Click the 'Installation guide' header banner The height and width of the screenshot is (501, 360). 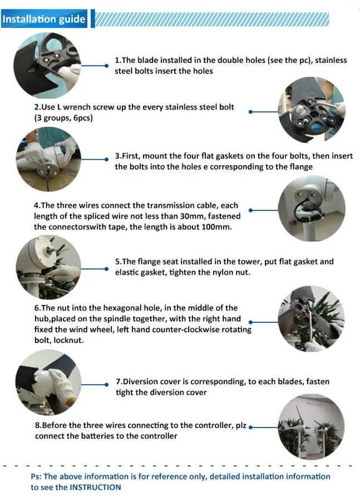[x=44, y=19]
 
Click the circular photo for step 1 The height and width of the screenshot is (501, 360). [x=47, y=65]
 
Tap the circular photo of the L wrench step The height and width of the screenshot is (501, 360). [x=312, y=110]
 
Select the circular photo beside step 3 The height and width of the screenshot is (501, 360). [x=48, y=159]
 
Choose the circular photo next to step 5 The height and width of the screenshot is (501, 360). [x=48, y=267]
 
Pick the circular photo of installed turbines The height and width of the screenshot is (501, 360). [x=312, y=426]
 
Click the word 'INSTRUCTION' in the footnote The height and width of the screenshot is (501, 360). [x=95, y=487]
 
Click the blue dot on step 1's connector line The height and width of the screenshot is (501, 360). [x=106, y=66]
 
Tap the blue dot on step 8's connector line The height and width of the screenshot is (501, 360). [x=250, y=428]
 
